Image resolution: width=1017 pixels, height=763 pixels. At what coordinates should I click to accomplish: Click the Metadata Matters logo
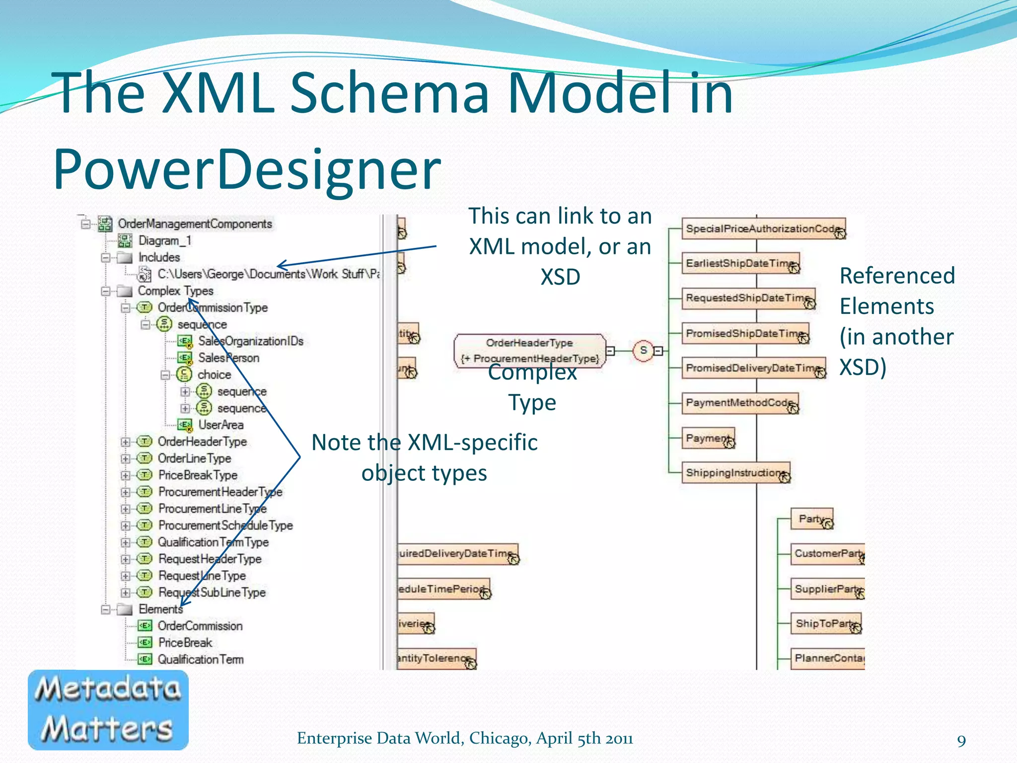pos(108,709)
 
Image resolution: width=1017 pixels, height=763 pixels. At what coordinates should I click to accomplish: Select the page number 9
pos(961,741)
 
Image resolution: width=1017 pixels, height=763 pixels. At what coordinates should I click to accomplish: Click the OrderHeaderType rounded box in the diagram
pos(530,350)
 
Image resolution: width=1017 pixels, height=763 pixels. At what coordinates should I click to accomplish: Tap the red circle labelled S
pos(643,351)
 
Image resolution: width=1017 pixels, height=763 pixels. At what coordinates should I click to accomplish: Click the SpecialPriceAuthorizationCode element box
pos(763,229)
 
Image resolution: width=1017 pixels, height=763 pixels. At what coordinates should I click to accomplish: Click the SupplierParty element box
pos(827,589)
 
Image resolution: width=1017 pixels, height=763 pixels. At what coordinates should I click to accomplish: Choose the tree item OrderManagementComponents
pos(195,224)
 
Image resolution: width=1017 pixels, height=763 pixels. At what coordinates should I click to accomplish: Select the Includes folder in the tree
pos(158,257)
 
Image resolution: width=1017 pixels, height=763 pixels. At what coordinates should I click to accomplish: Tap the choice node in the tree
pos(214,375)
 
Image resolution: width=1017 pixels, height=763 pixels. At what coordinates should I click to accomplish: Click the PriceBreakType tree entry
pos(198,475)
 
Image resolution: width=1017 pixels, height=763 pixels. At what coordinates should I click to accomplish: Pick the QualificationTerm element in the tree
pos(200,660)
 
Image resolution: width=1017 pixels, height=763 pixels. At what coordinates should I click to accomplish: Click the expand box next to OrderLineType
pos(126,458)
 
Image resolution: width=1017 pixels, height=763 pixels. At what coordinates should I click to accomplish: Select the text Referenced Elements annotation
pos(897,291)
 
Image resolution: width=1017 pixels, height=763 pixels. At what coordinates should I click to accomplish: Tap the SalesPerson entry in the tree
pos(228,358)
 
